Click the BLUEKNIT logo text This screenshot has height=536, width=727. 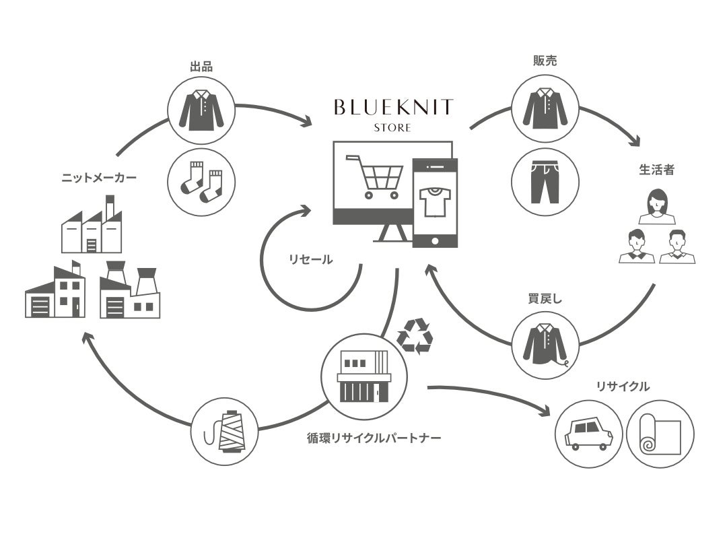pos(393,107)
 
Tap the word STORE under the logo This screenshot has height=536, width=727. pos(393,127)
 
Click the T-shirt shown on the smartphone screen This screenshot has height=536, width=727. pos(434,201)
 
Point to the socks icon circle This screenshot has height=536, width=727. pos(201,182)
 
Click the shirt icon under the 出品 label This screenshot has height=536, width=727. pos(201,110)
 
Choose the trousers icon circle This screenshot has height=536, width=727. pos(545,182)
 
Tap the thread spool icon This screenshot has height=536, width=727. pos(225,431)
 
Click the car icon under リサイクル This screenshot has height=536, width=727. pos(589,434)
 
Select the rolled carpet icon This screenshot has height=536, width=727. pos(660,434)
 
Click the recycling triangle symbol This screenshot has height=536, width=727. pos(414,336)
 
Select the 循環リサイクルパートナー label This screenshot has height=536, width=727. pos(374,438)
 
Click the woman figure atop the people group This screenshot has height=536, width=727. pos(656,206)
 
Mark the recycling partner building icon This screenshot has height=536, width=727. pos(364,375)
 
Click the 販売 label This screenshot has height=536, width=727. pos(545,61)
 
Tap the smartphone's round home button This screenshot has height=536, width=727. pos(434,240)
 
